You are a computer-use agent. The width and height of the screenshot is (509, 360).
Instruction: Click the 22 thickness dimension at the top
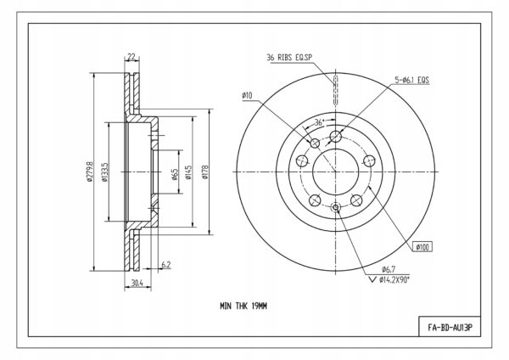[131, 57]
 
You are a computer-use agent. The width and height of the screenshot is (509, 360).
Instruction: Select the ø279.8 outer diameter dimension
[90, 171]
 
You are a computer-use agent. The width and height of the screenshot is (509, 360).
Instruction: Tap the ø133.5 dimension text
[104, 172]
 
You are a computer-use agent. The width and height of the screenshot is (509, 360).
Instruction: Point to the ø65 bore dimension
[175, 174]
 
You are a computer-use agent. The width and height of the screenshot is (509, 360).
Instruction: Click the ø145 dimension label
[189, 172]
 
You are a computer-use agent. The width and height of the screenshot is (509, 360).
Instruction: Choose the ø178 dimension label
[204, 172]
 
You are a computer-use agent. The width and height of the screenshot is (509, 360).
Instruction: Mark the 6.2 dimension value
[166, 265]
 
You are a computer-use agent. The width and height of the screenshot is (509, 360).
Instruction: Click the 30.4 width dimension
[137, 283]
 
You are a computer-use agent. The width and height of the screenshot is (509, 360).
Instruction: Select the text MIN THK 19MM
[243, 306]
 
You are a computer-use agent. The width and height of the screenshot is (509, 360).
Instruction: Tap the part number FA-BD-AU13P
[450, 328]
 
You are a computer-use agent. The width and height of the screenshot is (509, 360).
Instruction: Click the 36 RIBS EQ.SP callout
[289, 58]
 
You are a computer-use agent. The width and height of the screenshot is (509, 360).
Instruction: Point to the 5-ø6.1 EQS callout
[412, 80]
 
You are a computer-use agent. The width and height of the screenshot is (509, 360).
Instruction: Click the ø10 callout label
[247, 96]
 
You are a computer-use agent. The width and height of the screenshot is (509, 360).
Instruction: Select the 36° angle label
[320, 122]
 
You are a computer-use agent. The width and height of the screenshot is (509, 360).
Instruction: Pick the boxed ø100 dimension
[422, 247]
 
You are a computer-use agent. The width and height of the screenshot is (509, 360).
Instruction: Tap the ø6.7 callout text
[389, 269]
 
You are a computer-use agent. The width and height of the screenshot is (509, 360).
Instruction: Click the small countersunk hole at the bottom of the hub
[335, 207]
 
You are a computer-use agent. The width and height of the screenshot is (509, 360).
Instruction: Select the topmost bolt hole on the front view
[336, 136]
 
